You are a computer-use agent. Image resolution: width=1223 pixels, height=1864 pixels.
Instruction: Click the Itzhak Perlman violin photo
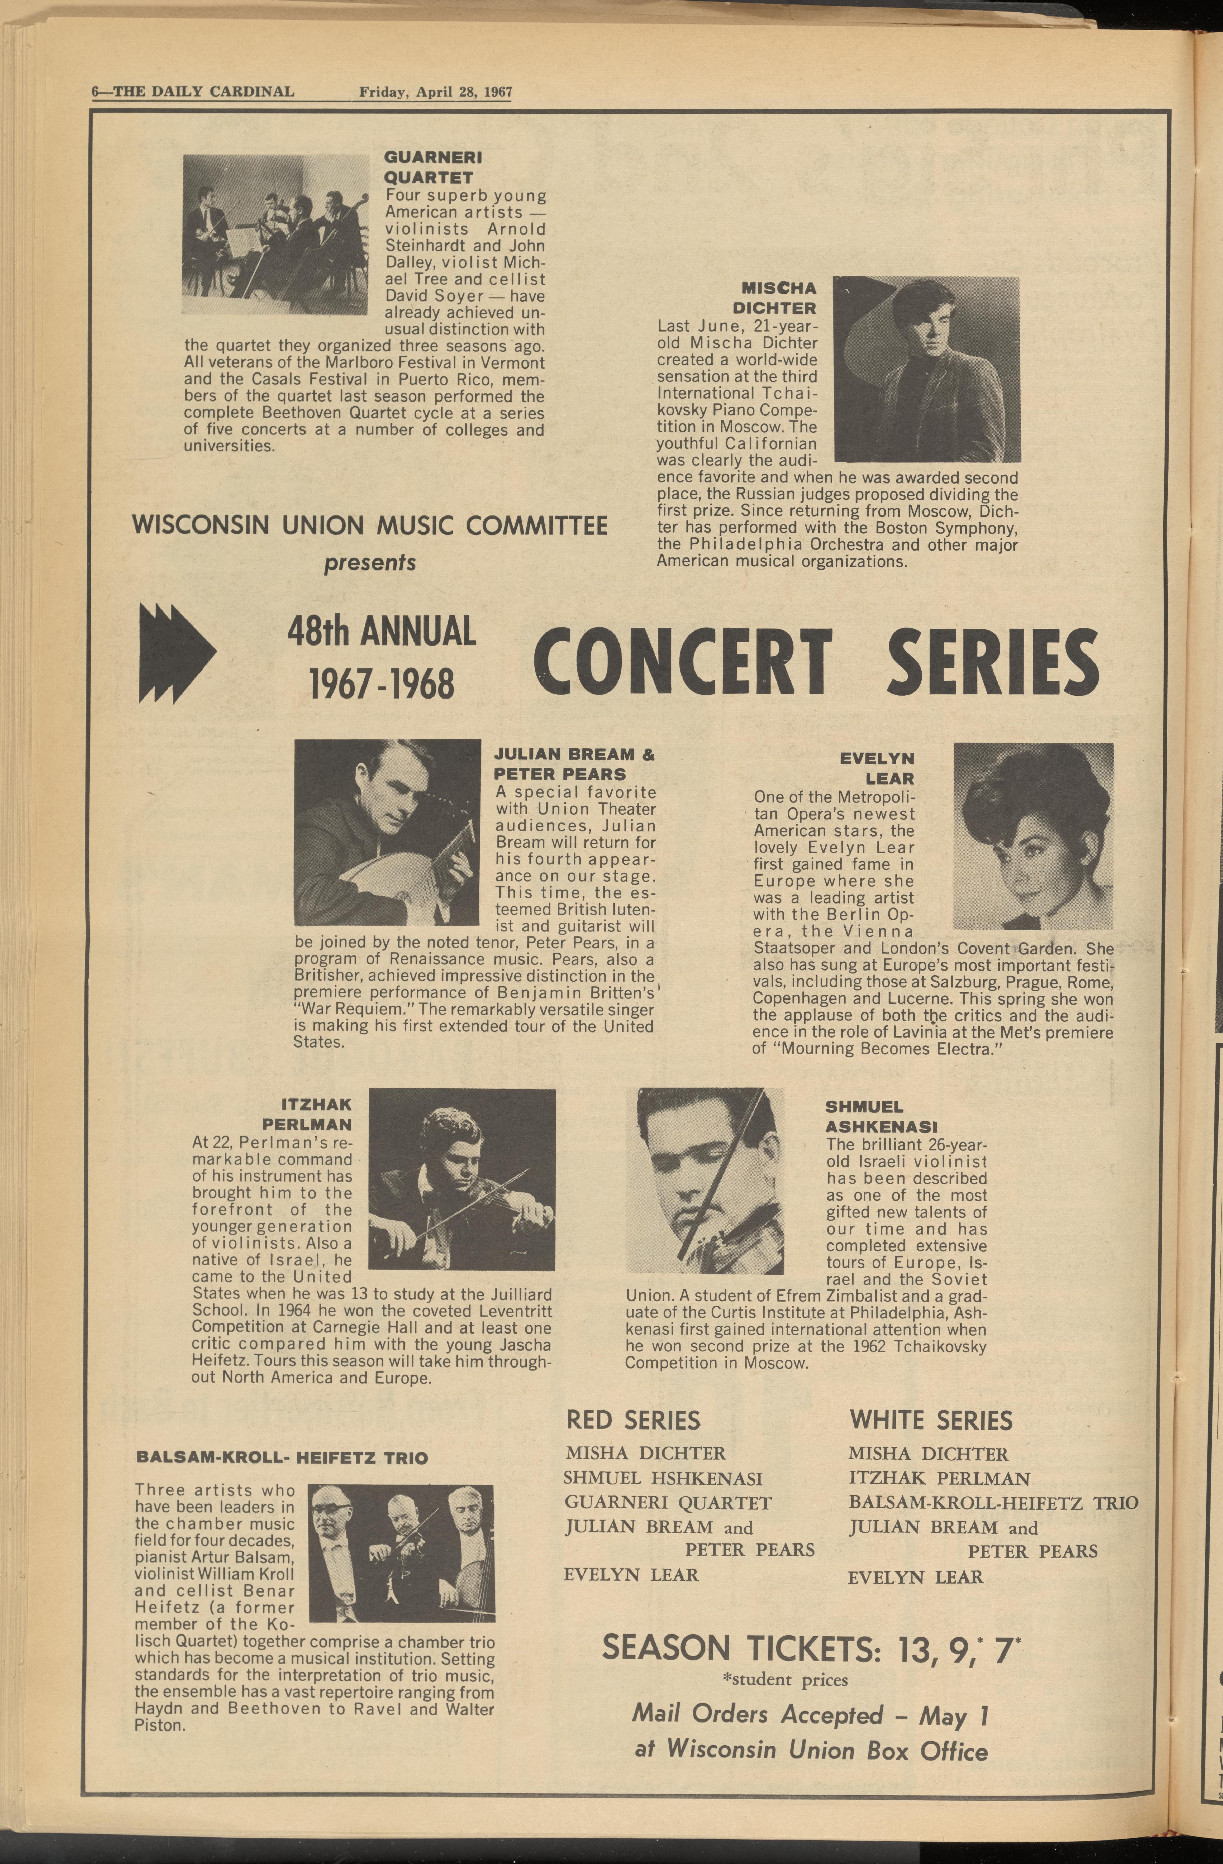point(461,1179)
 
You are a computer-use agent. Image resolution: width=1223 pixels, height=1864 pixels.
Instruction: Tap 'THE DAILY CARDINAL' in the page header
point(204,92)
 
